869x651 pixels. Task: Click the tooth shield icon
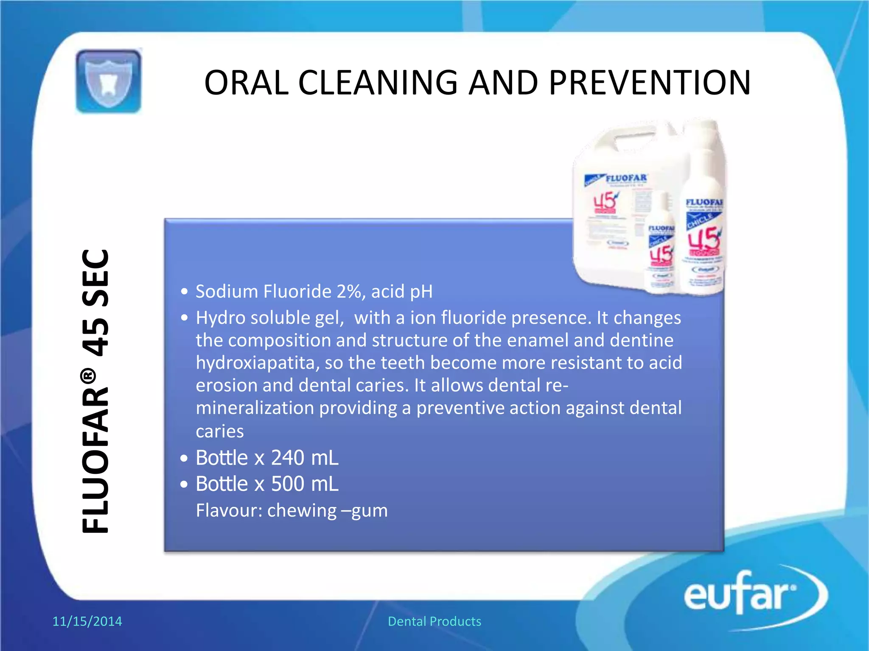[x=109, y=81]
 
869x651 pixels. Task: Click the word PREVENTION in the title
[x=650, y=82]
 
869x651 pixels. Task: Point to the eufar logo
[x=747, y=595]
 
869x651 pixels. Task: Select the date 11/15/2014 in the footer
[x=87, y=621]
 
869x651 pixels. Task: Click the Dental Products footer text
[x=434, y=621]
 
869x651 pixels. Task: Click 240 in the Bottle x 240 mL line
[x=287, y=458]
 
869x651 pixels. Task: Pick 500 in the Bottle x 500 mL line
[x=287, y=484]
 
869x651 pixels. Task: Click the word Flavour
[x=228, y=510]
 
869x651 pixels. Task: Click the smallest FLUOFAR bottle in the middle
[x=660, y=246]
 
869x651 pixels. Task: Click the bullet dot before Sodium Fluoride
[x=184, y=292]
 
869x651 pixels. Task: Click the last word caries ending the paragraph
[x=219, y=431]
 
